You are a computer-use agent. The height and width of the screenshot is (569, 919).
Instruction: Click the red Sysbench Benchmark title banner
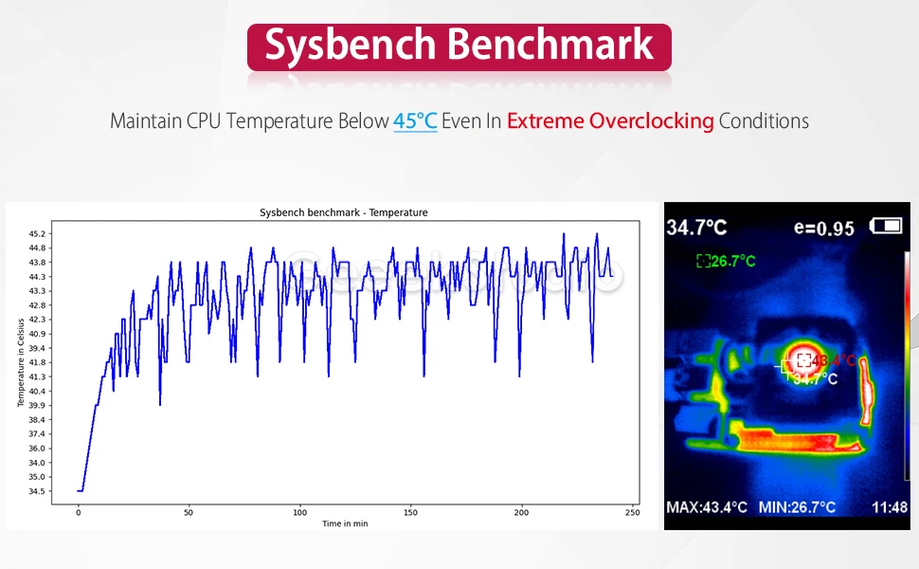click(x=459, y=46)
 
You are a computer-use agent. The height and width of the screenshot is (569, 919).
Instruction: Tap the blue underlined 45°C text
click(x=415, y=121)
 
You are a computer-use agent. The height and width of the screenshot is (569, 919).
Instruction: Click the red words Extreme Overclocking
click(x=610, y=121)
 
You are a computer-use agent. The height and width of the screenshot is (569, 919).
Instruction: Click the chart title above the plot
click(x=343, y=212)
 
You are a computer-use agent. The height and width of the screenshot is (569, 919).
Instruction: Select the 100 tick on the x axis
click(x=300, y=513)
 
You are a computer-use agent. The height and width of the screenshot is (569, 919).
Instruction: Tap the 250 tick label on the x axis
click(x=633, y=513)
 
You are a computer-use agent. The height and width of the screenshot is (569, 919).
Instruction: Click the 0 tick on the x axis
click(x=79, y=513)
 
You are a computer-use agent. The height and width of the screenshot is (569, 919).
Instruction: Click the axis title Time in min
click(x=345, y=523)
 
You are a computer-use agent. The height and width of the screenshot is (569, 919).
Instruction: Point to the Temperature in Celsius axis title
click(x=20, y=363)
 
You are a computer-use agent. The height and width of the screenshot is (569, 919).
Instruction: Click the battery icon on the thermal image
click(x=888, y=226)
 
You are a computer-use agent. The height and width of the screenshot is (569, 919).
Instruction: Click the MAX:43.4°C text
click(x=708, y=507)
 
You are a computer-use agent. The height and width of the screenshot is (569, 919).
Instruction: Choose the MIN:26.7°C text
click(x=797, y=507)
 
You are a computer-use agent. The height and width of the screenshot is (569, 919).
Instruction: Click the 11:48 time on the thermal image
click(x=889, y=507)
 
